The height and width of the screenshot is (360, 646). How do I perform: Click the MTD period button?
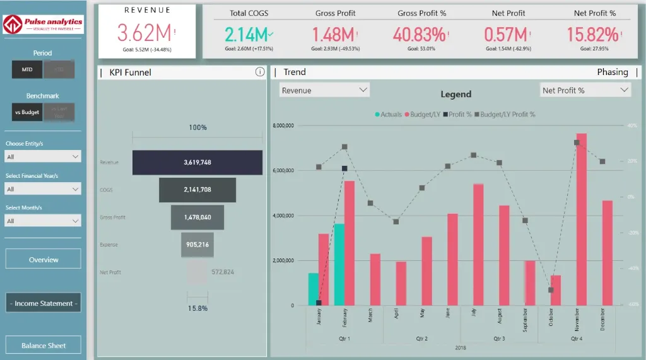pos(27,69)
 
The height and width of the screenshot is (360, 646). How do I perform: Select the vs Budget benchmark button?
pos(27,112)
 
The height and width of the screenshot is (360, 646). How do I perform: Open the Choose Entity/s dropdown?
pos(43,156)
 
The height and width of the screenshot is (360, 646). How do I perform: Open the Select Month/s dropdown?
pos(43,221)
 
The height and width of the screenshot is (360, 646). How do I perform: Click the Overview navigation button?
pos(44,259)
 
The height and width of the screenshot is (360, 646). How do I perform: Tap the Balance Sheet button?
pos(44,345)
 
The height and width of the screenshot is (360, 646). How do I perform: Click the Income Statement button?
pos(44,303)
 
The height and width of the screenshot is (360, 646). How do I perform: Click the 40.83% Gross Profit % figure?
pos(419,34)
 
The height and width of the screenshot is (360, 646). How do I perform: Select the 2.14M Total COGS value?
pos(246,34)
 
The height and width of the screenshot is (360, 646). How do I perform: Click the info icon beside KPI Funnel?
pos(260,72)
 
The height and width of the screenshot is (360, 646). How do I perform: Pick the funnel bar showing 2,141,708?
pos(197,190)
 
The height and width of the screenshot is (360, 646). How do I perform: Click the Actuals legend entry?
pos(388,115)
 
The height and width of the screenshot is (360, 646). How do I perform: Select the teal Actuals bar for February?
pos(339,265)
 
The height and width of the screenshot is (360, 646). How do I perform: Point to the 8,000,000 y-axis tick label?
pos(284,126)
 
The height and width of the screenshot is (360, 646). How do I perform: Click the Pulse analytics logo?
pos(44,24)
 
